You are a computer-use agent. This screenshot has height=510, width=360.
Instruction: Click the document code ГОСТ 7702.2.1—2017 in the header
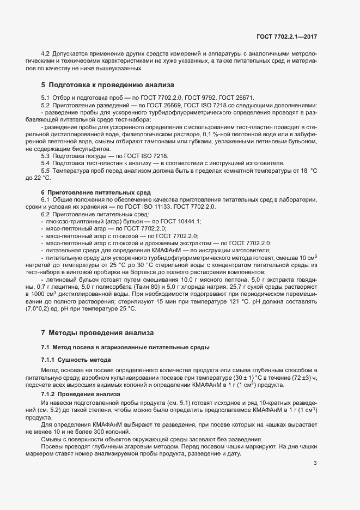[286, 37]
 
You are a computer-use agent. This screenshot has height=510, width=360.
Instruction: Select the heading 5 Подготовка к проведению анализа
[107, 85]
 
